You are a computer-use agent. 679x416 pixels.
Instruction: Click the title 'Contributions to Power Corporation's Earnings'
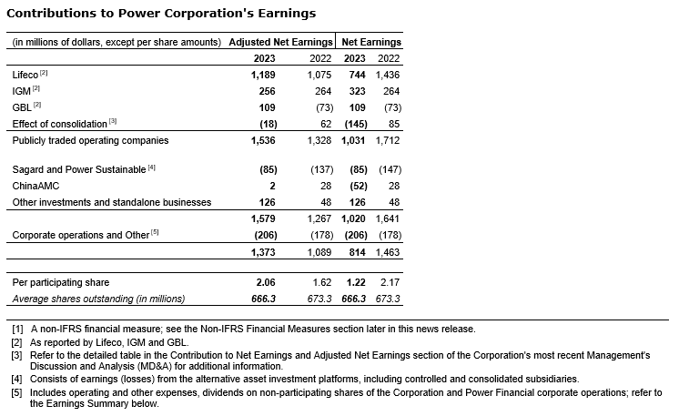[x=161, y=14]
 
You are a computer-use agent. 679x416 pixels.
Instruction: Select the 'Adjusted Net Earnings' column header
[x=280, y=43]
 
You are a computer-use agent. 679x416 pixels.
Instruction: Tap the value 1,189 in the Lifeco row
[x=263, y=73]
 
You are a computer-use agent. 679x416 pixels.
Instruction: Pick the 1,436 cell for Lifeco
[x=388, y=73]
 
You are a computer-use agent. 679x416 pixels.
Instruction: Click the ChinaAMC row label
[x=35, y=186]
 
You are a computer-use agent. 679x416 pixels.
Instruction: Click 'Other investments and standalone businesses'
[x=112, y=202]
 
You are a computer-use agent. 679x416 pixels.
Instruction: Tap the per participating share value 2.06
[x=266, y=282]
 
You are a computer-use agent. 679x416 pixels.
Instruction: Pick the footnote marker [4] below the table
[x=17, y=378]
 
